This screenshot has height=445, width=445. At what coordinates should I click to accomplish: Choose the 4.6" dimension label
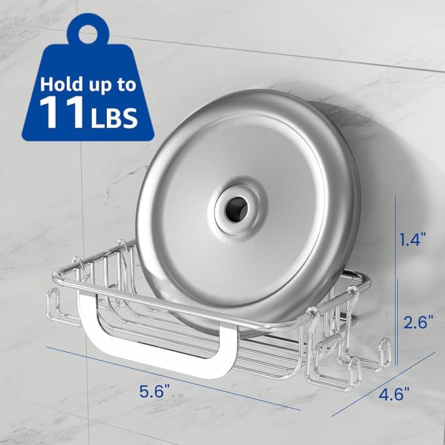click(x=395, y=394)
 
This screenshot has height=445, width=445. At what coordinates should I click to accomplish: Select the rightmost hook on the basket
click(x=383, y=354)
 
